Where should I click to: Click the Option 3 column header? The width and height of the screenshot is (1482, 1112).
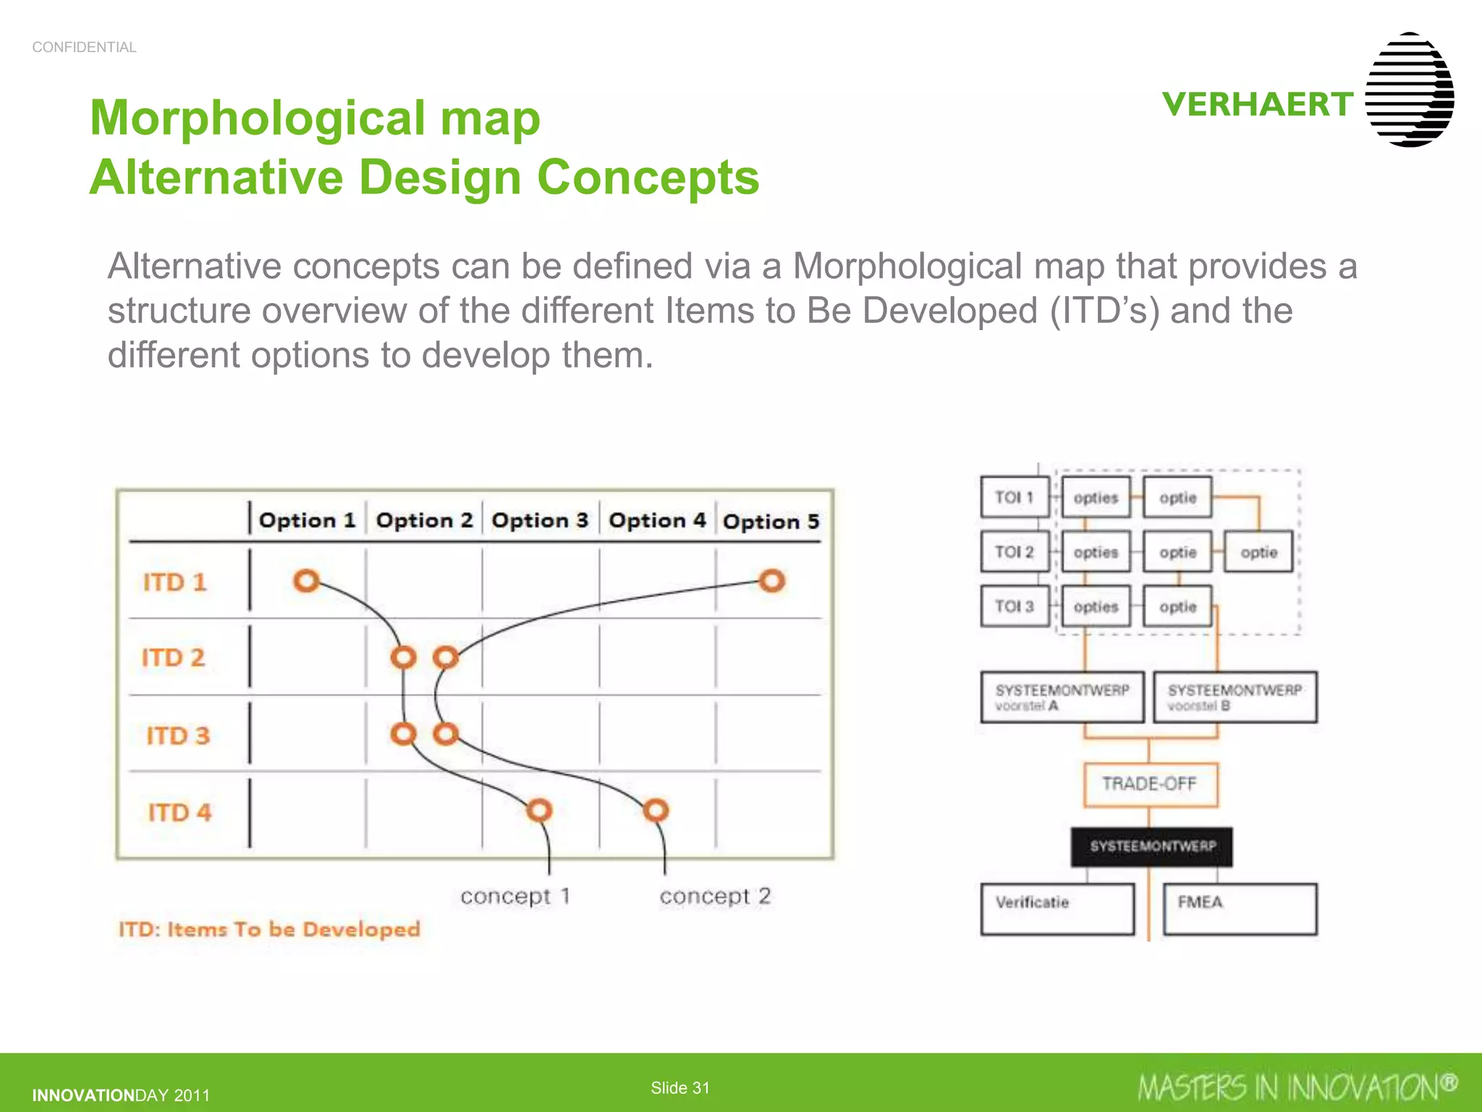click(x=540, y=521)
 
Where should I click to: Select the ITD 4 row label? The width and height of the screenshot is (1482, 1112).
click(x=179, y=812)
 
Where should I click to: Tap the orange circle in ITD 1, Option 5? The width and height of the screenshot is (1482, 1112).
click(x=771, y=581)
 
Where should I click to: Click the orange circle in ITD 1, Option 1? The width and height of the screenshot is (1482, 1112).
click(x=306, y=581)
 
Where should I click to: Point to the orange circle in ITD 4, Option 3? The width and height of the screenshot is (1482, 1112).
click(x=539, y=809)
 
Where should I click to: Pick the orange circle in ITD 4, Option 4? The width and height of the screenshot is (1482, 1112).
click(x=656, y=809)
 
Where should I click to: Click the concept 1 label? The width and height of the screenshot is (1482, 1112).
click(x=515, y=896)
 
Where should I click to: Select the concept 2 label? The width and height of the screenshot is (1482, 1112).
click(x=715, y=896)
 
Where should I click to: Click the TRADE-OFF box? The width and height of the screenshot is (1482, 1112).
click(x=1150, y=784)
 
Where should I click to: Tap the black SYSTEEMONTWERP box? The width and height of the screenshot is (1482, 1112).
click(x=1151, y=846)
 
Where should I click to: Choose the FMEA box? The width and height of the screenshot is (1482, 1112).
click(x=1240, y=909)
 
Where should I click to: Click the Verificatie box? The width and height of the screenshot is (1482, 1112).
click(x=1057, y=909)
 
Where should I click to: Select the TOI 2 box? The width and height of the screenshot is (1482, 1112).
click(x=1015, y=552)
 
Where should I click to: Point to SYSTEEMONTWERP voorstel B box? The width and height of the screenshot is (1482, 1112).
click(x=1235, y=696)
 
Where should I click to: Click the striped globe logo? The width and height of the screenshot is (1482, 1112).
click(x=1409, y=90)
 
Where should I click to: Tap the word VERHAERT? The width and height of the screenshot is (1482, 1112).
click(x=1258, y=105)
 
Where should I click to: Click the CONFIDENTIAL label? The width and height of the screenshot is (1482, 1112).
click(x=84, y=47)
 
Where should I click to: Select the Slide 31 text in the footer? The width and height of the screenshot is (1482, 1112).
click(x=679, y=1087)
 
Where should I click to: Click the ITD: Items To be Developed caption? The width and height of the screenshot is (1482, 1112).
click(x=269, y=929)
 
